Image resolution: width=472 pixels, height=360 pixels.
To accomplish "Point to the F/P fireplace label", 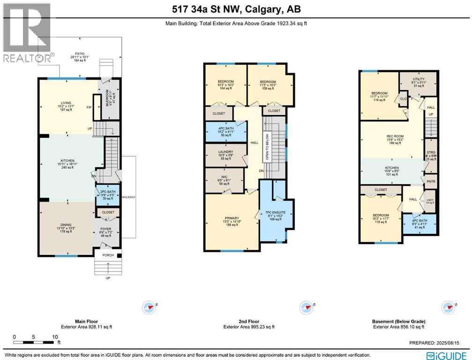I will tap(89, 107).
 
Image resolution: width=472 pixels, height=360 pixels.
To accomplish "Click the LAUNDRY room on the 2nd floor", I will tap(225, 152).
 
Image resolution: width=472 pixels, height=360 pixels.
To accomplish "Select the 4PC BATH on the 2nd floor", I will tap(225, 128).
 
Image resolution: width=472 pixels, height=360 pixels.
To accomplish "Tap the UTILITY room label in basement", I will tap(419, 80).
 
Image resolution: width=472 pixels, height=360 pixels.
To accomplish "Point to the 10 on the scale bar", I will tap(55, 337).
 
